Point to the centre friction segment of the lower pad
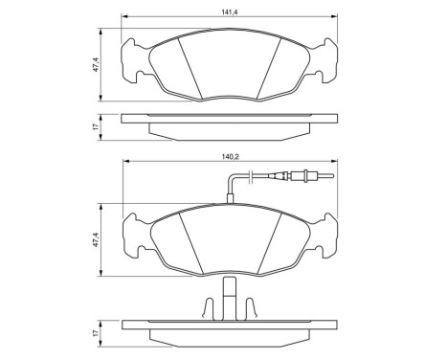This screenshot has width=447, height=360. click(x=230, y=239)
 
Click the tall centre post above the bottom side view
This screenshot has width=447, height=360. click(x=230, y=293)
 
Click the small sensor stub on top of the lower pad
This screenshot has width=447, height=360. click(x=230, y=199)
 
